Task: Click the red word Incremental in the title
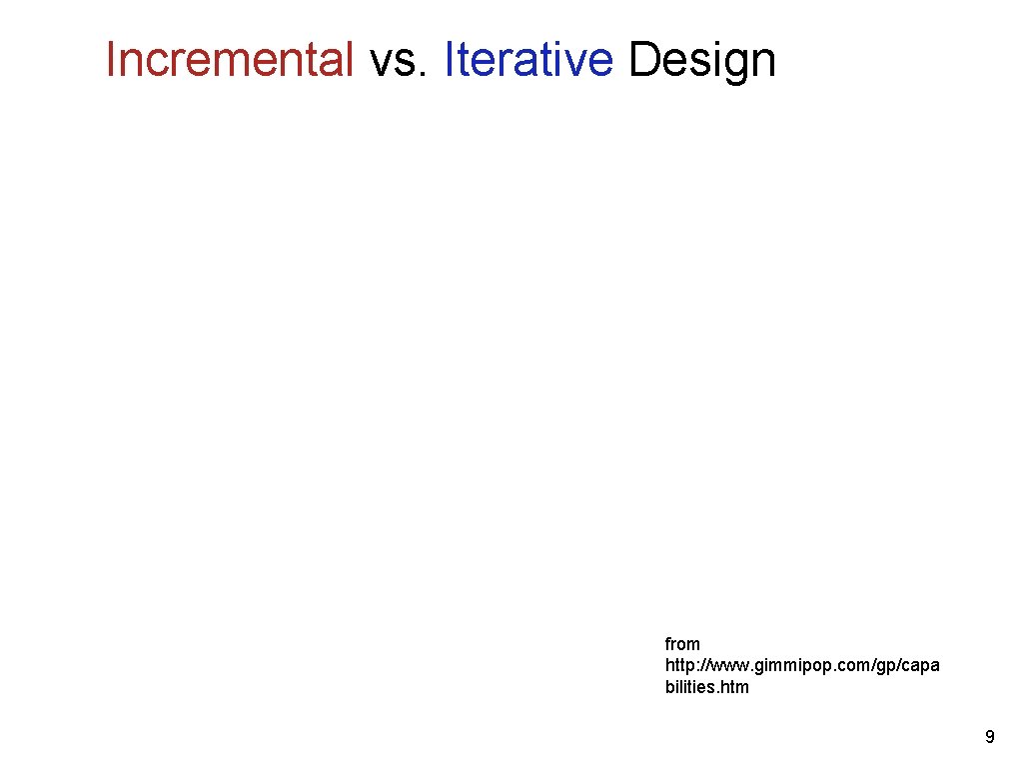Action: pyautogui.click(x=230, y=60)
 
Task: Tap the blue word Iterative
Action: pyautogui.click(x=527, y=60)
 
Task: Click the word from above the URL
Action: pyautogui.click(x=682, y=644)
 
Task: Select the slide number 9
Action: pyautogui.click(x=989, y=738)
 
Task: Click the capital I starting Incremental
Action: pyautogui.click(x=111, y=60)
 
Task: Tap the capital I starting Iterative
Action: pyautogui.click(x=450, y=60)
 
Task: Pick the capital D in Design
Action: pyautogui.click(x=641, y=60)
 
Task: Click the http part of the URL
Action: pyautogui.click(x=679, y=666)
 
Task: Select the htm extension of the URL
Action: pyautogui.click(x=736, y=687)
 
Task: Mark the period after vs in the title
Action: pyautogui.click(x=426, y=74)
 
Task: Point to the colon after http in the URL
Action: pyautogui.click(x=697, y=666)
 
